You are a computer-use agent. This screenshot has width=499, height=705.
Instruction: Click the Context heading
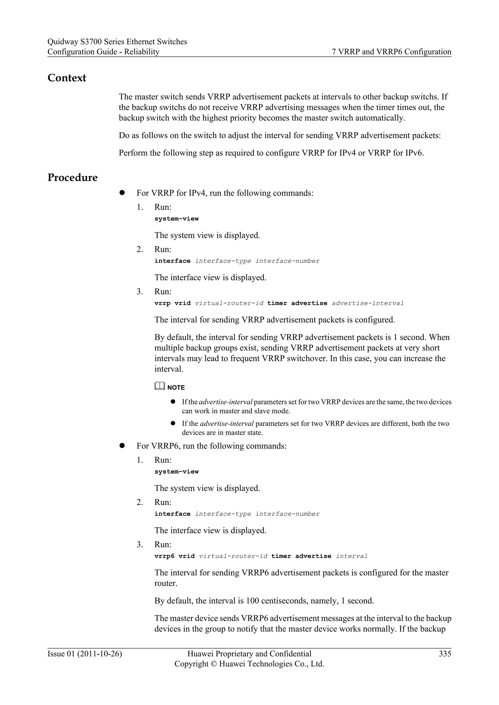[67, 78]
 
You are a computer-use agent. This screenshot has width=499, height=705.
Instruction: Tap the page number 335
[445, 654]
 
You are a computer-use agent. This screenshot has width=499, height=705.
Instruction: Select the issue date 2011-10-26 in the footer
[100, 654]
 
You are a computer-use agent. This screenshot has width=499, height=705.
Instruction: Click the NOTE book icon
[160, 386]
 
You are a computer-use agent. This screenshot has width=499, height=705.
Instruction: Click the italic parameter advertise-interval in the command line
[367, 303]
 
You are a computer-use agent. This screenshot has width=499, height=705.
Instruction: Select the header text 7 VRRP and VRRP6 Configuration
[392, 52]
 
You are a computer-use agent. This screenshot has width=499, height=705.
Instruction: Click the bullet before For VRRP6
[122, 446]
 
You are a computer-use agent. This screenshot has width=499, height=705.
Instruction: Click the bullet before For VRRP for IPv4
[122, 193]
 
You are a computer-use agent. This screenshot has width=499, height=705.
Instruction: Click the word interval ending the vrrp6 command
[352, 556]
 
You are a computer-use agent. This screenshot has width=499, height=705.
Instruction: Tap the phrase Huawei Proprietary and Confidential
[249, 654]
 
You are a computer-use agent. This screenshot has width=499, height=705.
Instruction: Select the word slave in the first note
[262, 411]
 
